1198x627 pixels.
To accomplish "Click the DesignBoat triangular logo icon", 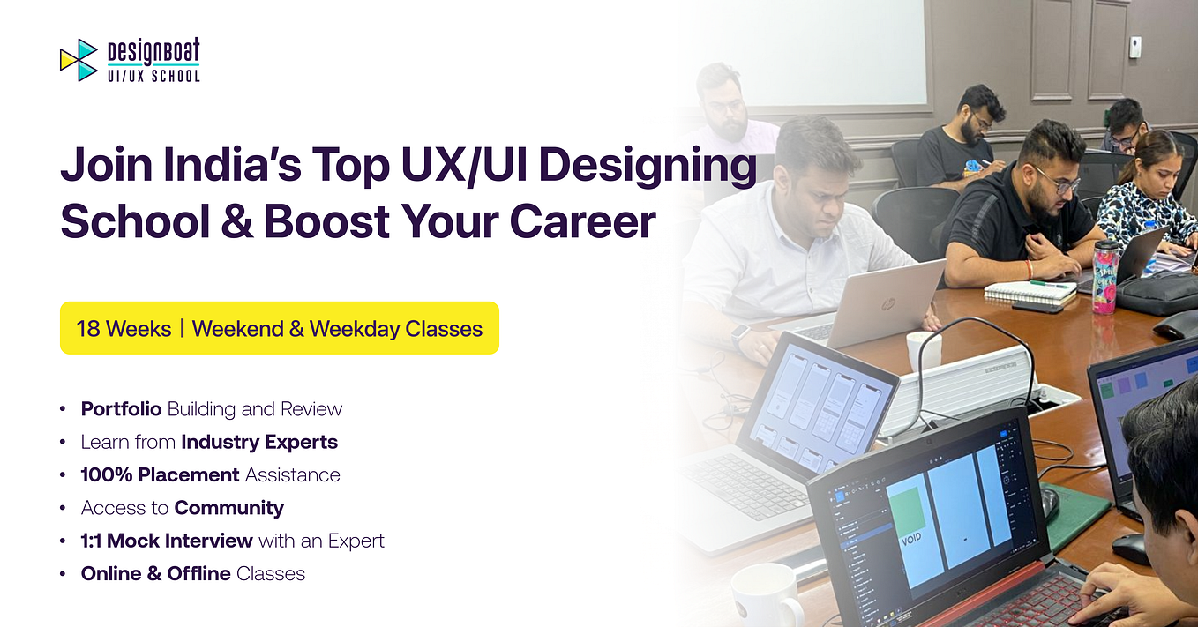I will click(79, 60).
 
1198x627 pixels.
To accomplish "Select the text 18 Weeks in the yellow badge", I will click(124, 329).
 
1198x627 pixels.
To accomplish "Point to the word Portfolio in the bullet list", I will click(121, 409).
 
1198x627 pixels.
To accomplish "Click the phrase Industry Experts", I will click(259, 442).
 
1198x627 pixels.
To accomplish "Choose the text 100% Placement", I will click(161, 474).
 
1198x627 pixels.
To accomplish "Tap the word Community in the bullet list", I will click(229, 508).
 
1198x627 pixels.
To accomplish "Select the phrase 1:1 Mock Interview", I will click(167, 541).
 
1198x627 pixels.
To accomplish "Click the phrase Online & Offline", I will click(155, 573).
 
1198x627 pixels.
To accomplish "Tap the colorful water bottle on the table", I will click(1104, 277).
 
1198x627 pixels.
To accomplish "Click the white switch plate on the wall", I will click(1135, 46).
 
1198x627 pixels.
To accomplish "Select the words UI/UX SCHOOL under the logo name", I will click(153, 76).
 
